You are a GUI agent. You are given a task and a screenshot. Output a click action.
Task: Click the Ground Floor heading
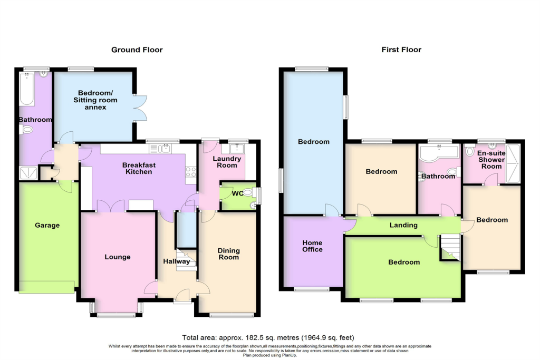[137, 50]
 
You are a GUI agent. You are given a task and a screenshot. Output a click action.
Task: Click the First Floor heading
[401, 50]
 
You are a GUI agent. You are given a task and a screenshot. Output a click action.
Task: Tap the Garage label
[47, 226]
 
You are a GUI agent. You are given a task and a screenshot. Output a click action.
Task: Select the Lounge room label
[117, 257]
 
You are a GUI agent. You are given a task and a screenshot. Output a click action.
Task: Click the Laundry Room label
[227, 162]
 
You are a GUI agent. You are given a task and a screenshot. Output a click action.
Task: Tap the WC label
[238, 193]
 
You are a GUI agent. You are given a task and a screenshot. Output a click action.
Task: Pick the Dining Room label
[228, 254]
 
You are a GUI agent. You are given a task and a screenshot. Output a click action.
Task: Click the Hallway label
[176, 261]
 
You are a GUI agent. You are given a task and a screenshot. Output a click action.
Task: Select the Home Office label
[312, 246]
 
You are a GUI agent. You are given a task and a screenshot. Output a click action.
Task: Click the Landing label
[403, 226]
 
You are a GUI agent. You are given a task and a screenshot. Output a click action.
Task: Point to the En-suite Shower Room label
[491, 160]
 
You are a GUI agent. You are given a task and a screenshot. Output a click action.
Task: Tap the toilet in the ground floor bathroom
[28, 129]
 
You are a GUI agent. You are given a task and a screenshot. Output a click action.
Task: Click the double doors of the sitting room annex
[139, 108]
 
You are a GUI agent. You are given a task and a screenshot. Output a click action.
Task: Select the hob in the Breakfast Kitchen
[190, 171]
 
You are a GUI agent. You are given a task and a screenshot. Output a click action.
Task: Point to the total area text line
[268, 337]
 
